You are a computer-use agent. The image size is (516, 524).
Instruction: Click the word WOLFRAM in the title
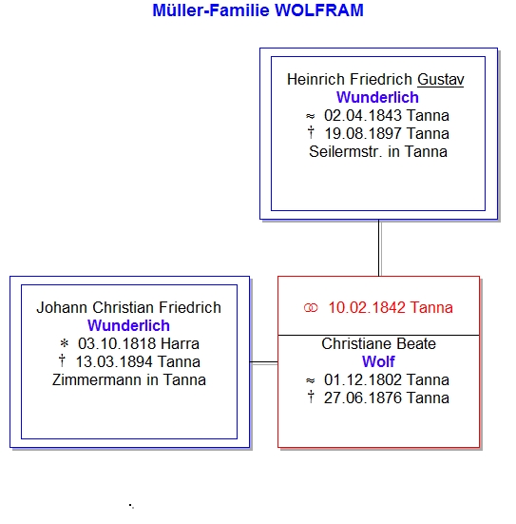click(x=319, y=10)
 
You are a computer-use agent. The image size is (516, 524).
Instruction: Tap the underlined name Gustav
click(x=441, y=80)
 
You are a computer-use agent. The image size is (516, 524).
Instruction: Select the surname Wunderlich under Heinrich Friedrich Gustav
click(x=377, y=97)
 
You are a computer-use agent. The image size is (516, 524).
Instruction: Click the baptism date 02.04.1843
click(x=363, y=116)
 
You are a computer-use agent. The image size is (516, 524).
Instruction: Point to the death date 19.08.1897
click(x=364, y=134)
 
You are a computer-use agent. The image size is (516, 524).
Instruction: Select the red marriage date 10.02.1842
click(x=367, y=307)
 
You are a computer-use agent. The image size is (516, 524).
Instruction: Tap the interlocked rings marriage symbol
click(x=311, y=308)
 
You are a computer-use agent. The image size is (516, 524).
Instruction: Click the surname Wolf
click(x=378, y=361)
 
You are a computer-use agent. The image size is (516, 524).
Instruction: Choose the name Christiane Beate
click(x=379, y=343)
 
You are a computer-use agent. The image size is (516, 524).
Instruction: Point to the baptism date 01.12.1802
click(x=363, y=380)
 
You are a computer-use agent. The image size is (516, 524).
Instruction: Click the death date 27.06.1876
click(x=363, y=398)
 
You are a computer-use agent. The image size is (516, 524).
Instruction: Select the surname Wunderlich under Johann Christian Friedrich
click(x=128, y=325)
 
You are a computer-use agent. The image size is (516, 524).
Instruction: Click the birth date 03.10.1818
click(x=117, y=343)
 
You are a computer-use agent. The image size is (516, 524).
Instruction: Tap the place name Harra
click(x=180, y=343)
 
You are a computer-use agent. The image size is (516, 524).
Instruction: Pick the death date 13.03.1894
click(x=115, y=361)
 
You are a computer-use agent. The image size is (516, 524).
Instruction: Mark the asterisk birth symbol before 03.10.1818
click(x=64, y=343)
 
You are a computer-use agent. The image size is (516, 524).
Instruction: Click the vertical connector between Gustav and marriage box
click(x=379, y=248)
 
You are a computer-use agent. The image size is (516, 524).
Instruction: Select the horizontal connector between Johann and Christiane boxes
click(x=264, y=362)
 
